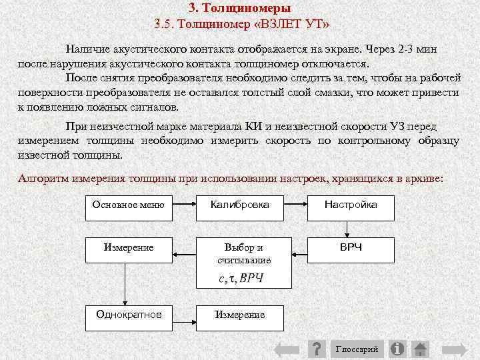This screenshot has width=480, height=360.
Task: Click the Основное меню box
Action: (x=128, y=205)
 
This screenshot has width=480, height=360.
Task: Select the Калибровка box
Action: (x=239, y=205)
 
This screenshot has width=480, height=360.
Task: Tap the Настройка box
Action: (x=351, y=205)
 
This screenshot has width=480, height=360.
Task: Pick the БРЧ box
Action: (x=351, y=248)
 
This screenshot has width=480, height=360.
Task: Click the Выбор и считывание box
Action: (x=244, y=254)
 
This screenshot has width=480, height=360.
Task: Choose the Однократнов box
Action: (x=129, y=314)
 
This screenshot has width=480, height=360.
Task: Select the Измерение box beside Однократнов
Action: (x=239, y=315)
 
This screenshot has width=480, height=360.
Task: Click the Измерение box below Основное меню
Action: (x=129, y=248)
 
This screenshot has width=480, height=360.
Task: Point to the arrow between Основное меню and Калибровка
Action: (x=183, y=205)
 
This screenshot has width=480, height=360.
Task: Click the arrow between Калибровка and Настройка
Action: (x=295, y=205)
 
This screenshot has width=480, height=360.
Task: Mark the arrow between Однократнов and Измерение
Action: (x=183, y=314)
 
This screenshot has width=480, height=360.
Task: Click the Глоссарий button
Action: (x=357, y=349)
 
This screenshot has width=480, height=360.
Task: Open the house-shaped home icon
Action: (x=420, y=349)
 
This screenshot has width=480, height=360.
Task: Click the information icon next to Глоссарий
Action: (x=397, y=349)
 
